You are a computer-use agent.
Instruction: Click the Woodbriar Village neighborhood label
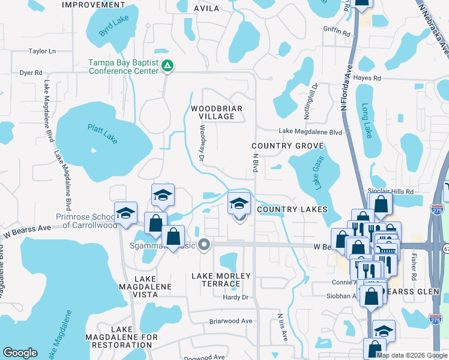216,112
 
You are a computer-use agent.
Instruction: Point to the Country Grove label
288,146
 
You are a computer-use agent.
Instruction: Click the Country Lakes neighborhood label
292,209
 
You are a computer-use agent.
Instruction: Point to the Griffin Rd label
336,31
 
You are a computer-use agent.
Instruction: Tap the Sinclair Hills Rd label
391,191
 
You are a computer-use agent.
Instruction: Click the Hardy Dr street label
236,297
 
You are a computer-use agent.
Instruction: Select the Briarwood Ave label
231,321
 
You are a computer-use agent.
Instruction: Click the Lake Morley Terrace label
221,280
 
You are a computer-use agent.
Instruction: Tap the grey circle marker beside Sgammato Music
205,244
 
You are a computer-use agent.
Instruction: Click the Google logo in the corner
20,353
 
